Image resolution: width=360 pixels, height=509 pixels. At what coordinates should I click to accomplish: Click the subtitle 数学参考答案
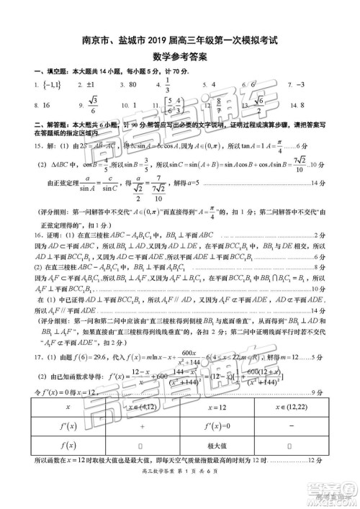click(179, 57)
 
